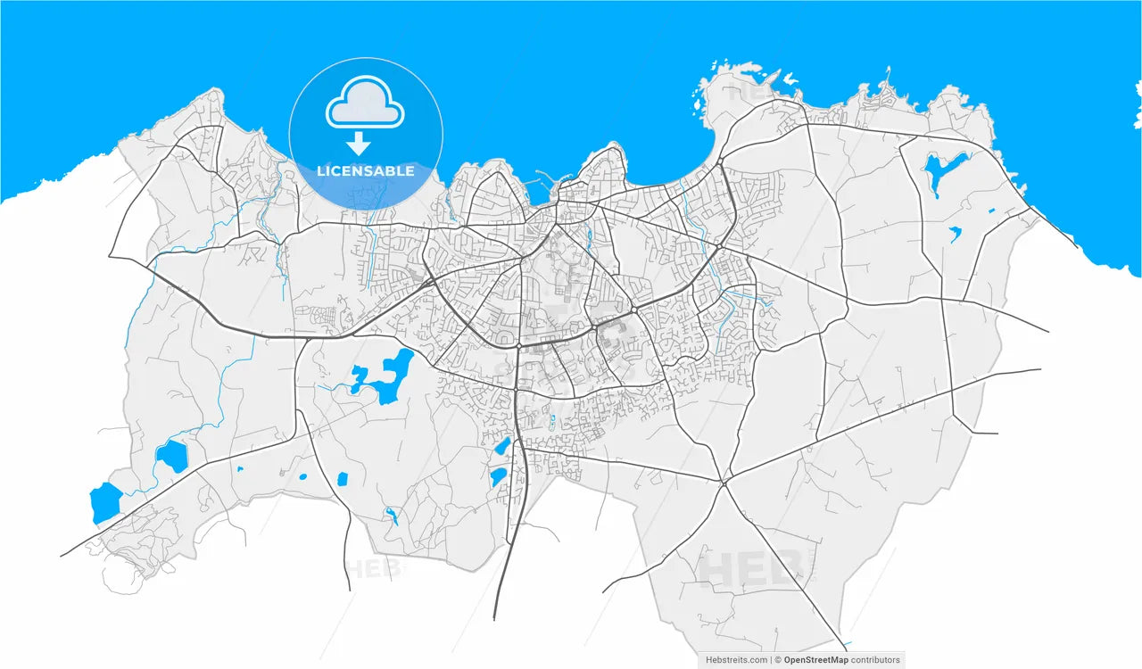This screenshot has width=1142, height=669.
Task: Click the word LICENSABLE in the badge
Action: (365, 170)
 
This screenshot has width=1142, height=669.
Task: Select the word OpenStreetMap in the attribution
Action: (815, 660)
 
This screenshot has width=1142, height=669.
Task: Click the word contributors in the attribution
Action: (876, 660)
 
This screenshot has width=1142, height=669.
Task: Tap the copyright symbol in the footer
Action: (777, 660)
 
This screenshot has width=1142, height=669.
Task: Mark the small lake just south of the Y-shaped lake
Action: (954, 235)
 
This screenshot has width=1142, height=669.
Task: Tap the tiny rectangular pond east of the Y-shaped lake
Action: (991, 211)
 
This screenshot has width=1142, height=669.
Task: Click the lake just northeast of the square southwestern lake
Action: (172, 457)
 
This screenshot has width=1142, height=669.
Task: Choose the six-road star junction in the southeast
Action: (724, 482)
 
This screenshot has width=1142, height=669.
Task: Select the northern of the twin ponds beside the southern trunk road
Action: (503, 446)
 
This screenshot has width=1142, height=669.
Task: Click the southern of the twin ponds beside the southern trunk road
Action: (498, 477)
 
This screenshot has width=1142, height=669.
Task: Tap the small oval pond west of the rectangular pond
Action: (303, 475)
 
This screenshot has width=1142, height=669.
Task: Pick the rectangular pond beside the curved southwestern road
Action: (341, 479)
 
